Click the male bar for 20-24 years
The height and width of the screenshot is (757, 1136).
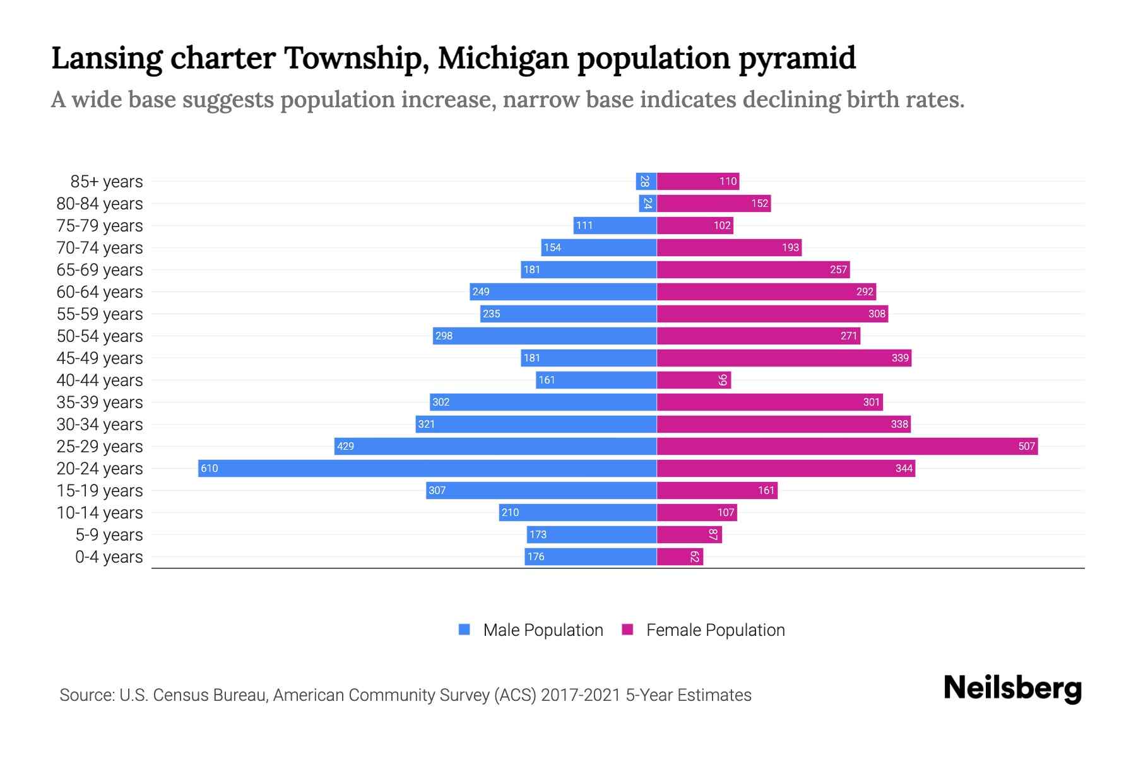[427, 468]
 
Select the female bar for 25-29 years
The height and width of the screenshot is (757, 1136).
[847, 446]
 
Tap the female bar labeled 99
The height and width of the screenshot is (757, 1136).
[693, 380]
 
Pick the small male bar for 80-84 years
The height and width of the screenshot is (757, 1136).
[648, 203]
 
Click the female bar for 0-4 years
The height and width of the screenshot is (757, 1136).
[680, 556]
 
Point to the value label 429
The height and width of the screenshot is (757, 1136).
[345, 446]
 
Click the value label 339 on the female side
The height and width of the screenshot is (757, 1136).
[900, 358]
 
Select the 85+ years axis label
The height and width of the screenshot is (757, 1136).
[106, 182]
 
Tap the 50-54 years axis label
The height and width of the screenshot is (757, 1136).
[100, 336]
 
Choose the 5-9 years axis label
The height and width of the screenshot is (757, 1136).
[109, 535]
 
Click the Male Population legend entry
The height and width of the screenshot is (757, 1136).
[530, 630]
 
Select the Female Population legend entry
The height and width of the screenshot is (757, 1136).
[703, 630]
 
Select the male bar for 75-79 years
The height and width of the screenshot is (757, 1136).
[615, 225]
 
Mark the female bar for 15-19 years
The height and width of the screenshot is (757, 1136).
[717, 490]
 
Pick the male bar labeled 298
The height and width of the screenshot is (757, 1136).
[545, 336]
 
